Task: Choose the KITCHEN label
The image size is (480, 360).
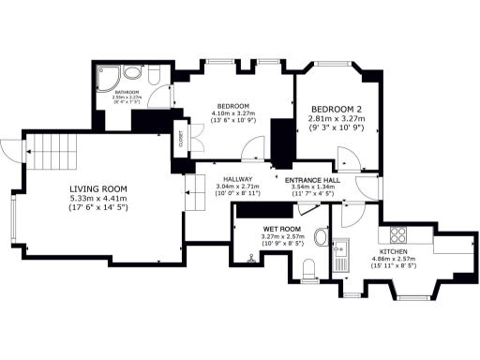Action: pos(393,253)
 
